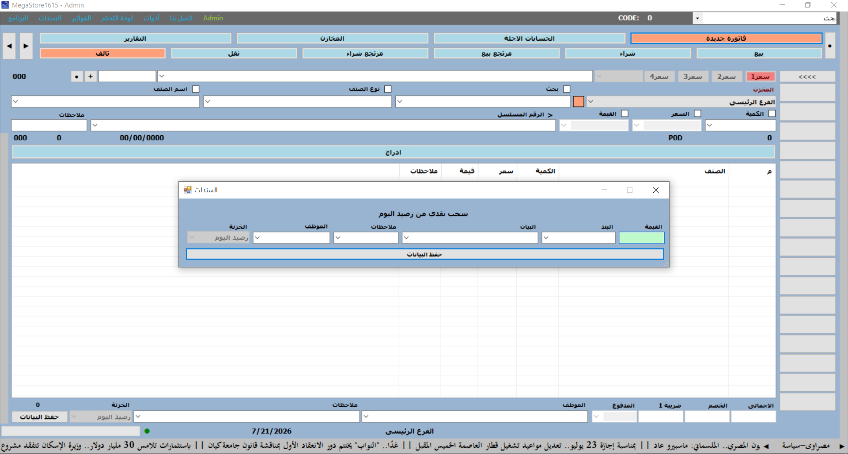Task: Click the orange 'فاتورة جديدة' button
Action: point(726,38)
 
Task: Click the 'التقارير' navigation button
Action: point(135,38)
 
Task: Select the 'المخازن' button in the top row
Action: point(332,38)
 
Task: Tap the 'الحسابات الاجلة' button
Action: point(529,38)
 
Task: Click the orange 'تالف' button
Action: point(102,53)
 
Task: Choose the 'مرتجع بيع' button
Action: point(496,53)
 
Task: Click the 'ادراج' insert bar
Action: point(393,152)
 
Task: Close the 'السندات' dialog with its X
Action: point(656,190)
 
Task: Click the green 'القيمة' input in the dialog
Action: point(641,238)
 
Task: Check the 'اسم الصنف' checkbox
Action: point(196,89)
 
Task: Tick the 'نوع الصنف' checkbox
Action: point(388,89)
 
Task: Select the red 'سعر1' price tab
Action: point(760,76)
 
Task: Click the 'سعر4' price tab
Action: point(659,76)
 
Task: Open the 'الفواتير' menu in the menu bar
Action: point(81,18)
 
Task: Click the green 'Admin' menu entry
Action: point(213,18)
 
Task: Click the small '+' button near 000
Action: point(91,76)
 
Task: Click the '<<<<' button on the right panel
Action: point(807,77)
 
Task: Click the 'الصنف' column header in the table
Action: point(715,171)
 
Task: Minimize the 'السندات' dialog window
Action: point(604,190)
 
